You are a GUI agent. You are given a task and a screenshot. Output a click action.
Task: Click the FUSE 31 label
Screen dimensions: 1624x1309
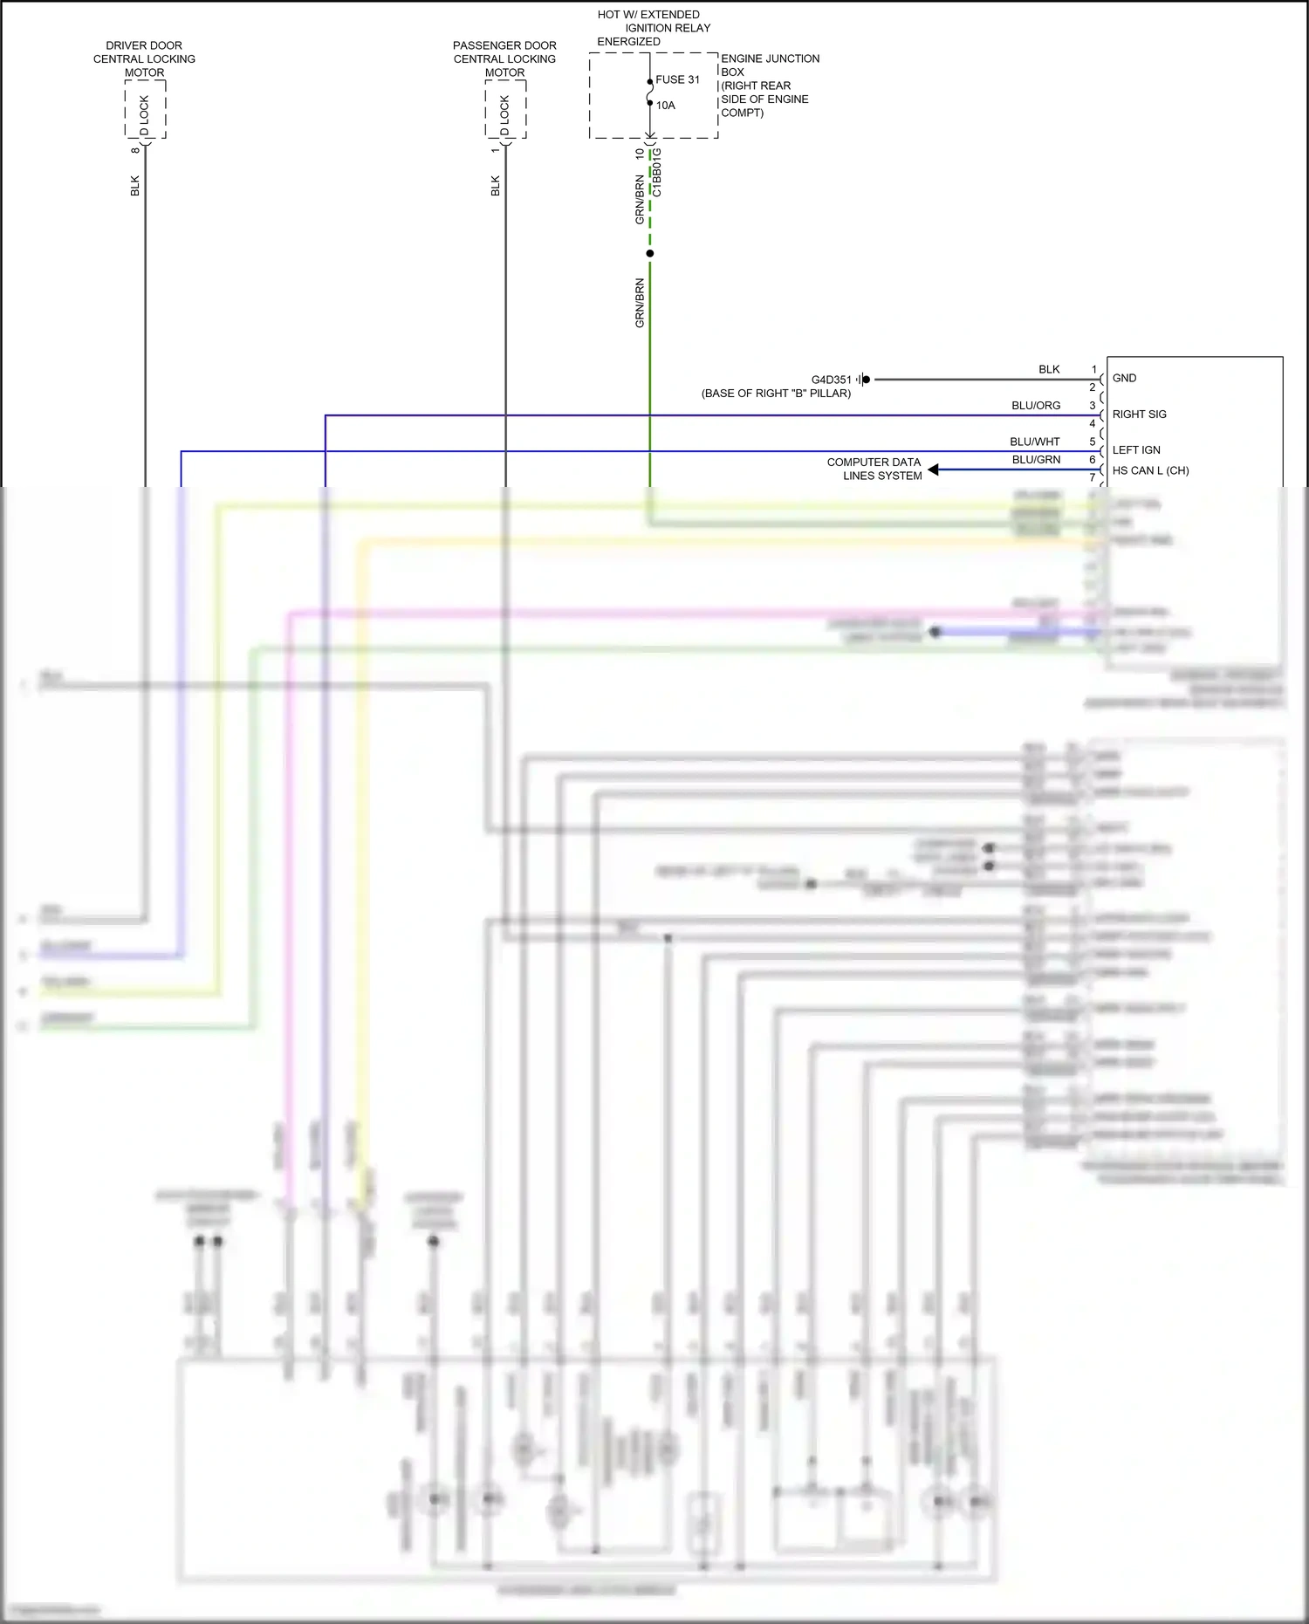point(677,79)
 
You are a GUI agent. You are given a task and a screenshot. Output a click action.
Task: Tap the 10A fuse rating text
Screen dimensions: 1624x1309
point(666,106)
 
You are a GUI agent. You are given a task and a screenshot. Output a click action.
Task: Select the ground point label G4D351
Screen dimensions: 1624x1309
point(831,380)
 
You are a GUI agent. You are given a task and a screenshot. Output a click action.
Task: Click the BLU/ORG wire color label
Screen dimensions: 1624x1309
point(1036,406)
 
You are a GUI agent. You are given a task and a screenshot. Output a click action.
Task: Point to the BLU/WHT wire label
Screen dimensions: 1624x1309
point(1035,442)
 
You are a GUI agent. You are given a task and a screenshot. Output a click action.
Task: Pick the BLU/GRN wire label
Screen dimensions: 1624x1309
point(1036,460)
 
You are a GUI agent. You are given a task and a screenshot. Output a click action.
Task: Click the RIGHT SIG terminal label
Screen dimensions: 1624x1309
point(1139,415)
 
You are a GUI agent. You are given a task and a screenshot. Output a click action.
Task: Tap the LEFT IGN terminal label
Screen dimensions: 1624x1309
point(1136,450)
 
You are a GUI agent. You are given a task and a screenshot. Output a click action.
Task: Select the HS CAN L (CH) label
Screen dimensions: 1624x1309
point(1150,470)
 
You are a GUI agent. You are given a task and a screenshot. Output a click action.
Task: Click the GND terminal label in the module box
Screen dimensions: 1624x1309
point(1124,378)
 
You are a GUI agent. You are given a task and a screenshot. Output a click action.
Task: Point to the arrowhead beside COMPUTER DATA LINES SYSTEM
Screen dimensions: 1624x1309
point(934,469)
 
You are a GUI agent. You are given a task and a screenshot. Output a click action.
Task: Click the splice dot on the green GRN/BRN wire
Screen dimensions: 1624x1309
point(650,254)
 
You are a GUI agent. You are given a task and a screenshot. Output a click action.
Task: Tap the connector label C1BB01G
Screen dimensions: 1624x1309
point(658,172)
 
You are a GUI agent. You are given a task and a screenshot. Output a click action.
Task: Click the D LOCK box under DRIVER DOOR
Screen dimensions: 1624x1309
point(145,110)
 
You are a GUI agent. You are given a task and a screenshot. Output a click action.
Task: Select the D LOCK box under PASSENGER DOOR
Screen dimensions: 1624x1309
point(505,110)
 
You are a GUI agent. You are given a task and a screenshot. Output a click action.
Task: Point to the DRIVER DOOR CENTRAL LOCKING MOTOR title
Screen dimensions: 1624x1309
point(144,58)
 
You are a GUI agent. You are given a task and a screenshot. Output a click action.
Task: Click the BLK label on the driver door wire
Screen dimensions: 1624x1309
point(135,186)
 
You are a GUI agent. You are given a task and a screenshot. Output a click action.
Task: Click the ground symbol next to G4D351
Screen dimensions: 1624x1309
point(864,380)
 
